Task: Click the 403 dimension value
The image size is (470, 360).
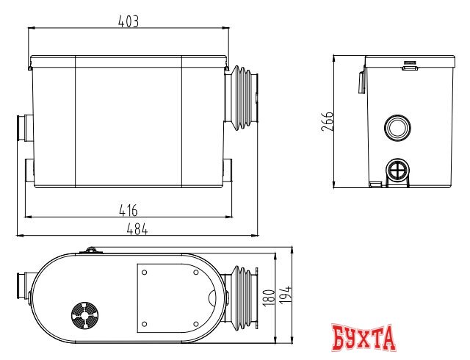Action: pyautogui.click(x=128, y=21)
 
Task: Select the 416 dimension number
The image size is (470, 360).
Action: pyautogui.click(x=128, y=211)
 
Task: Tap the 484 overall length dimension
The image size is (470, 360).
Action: pyautogui.click(x=137, y=229)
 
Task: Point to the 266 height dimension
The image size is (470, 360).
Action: pyautogui.click(x=328, y=121)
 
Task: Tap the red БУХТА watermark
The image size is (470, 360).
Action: pyautogui.click(x=364, y=339)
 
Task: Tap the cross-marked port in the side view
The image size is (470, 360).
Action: pyautogui.click(x=397, y=171)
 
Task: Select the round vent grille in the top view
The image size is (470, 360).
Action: pyautogui.click(x=84, y=318)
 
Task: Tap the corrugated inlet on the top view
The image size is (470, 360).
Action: pyautogui.click(x=244, y=298)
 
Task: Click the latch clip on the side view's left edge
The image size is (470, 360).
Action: pyautogui.click(x=361, y=82)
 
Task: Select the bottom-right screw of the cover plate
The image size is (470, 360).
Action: pyautogui.click(x=195, y=323)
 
